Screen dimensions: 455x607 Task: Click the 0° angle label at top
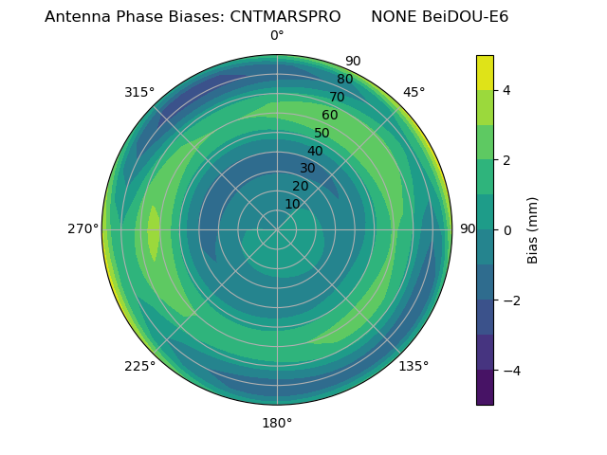pyautogui.click(x=277, y=36)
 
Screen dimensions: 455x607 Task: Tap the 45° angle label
pyautogui.click(x=414, y=92)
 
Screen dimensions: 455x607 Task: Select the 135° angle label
pyautogui.click(x=414, y=366)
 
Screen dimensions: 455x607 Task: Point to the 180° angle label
pyautogui.click(x=277, y=423)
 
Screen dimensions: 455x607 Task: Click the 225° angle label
pyautogui.click(x=139, y=366)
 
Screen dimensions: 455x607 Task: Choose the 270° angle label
pyautogui.click(x=83, y=228)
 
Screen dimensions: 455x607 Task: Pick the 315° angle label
pyautogui.click(x=139, y=92)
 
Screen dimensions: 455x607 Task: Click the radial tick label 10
pyautogui.click(x=292, y=204)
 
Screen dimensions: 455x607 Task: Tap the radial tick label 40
pyautogui.click(x=315, y=151)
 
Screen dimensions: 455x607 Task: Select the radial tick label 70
pyautogui.click(x=337, y=97)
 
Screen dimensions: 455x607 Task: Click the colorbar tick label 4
pyautogui.click(x=507, y=90)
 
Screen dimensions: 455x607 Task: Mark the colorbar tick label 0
pyautogui.click(x=507, y=229)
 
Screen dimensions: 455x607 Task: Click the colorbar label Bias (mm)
pyautogui.click(x=533, y=229)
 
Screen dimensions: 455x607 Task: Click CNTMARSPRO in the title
pyautogui.click(x=285, y=17)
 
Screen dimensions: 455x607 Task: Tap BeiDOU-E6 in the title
pyautogui.click(x=466, y=17)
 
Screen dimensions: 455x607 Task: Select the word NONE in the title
pyautogui.click(x=393, y=17)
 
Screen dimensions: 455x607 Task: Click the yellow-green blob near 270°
pyautogui.click(x=154, y=232)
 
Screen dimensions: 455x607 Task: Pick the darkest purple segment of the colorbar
pyautogui.click(x=485, y=387)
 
